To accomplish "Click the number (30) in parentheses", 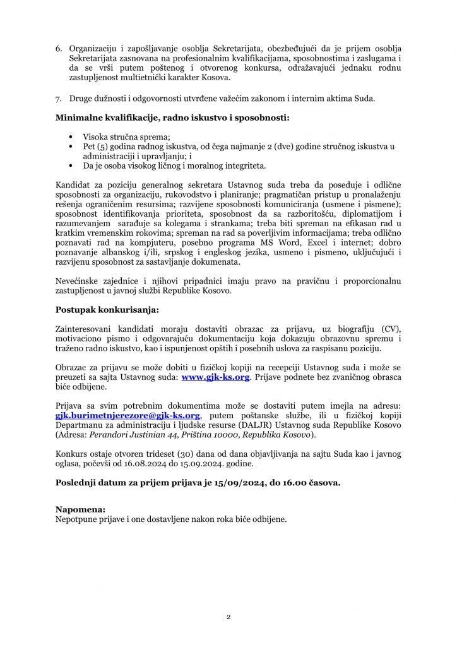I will click(x=193, y=454).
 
